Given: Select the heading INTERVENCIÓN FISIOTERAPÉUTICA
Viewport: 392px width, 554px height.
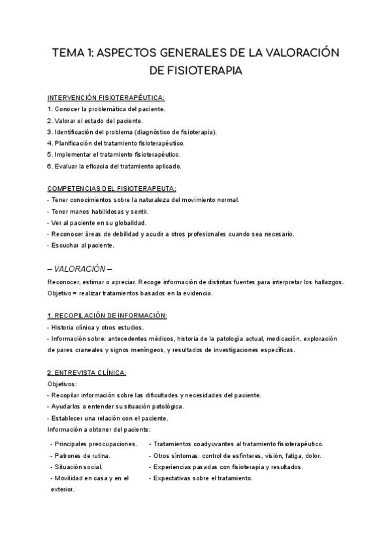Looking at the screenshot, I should click(106, 98).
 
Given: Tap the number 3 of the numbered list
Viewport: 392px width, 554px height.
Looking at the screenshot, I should click(50, 132).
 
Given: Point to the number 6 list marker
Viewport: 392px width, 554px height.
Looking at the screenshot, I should click(50, 166).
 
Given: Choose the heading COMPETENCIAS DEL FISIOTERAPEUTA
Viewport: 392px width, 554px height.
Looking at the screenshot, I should click(108, 188).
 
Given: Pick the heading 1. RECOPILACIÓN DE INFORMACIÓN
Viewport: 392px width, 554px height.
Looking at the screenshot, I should click(108, 316).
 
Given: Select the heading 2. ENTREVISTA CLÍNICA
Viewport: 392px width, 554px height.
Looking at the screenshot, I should click(88, 372).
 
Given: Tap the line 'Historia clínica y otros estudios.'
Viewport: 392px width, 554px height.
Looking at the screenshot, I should click(98, 327).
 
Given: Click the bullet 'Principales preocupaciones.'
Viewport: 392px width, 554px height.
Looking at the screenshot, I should click(95, 444).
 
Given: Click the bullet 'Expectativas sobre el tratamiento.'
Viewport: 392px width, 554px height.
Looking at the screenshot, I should click(203, 478).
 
